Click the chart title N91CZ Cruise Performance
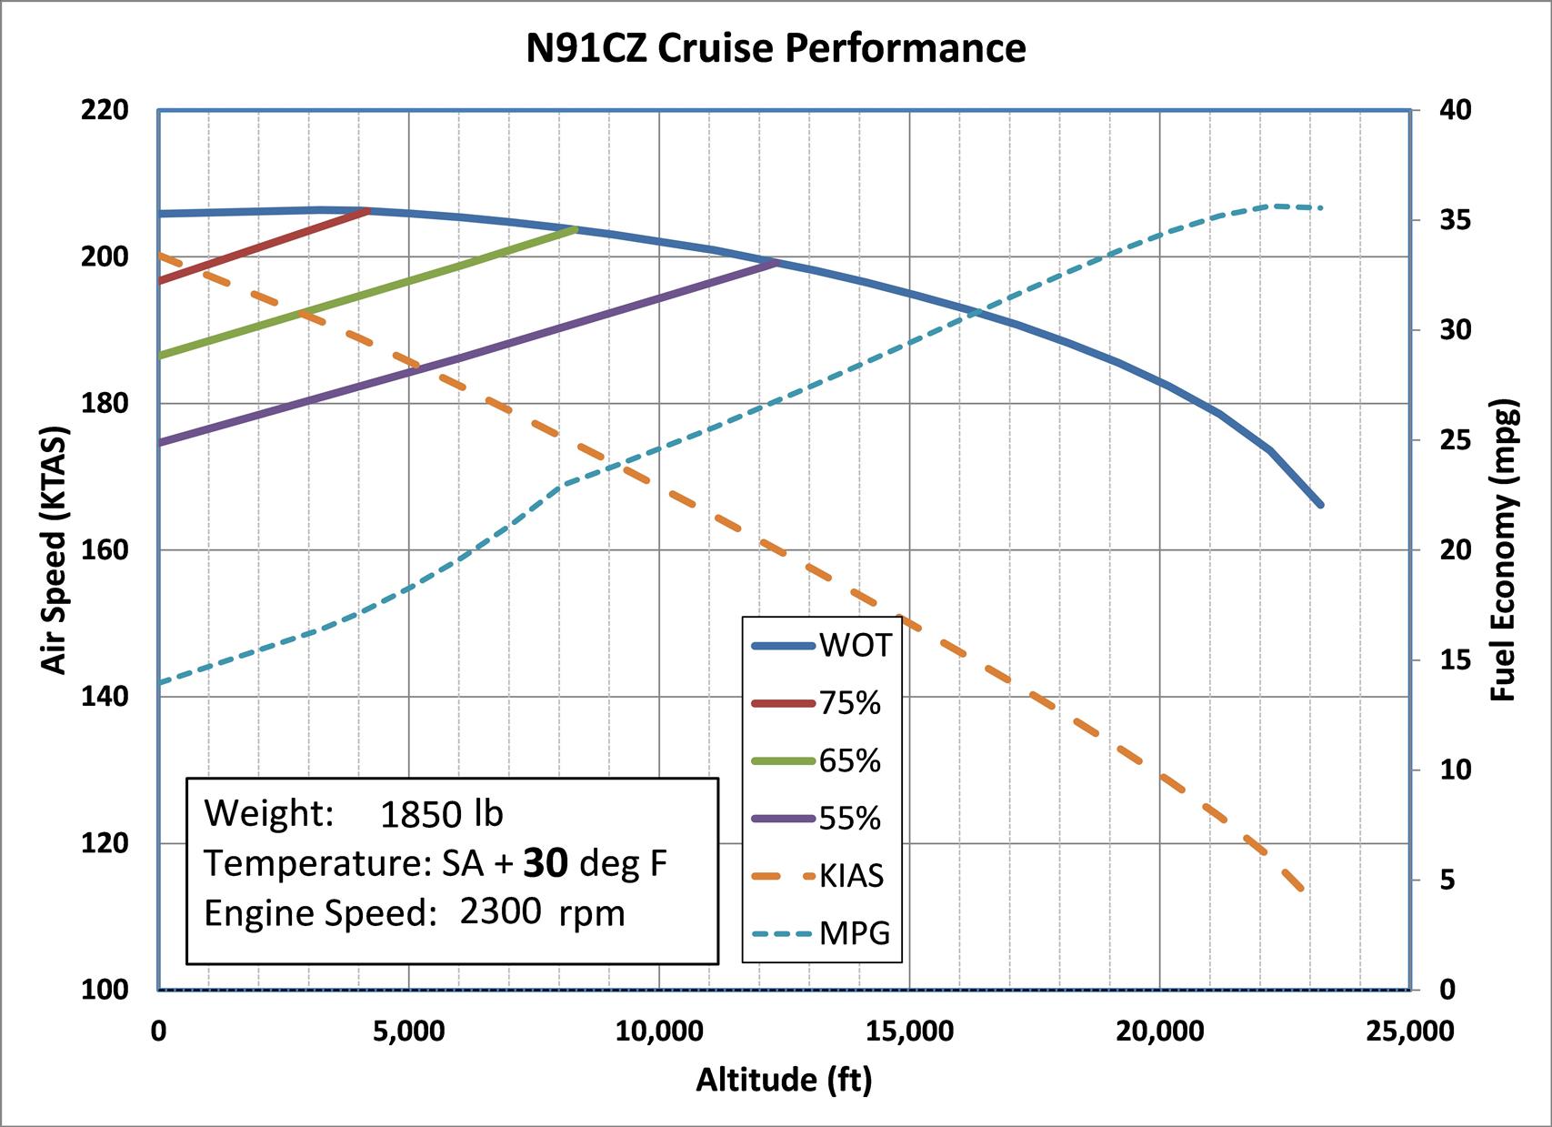coord(776,48)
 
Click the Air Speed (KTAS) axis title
coord(55,549)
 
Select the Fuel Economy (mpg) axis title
coord(1504,549)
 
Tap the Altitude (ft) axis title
coord(784,1080)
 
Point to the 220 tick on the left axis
coord(105,111)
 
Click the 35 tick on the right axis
coord(1454,221)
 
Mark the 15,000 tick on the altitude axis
coord(909,1031)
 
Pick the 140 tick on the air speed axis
coord(105,697)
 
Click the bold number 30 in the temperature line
coord(546,863)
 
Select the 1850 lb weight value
coord(441,814)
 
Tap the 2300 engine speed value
coord(500,911)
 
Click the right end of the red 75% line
coord(367,211)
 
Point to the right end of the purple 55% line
coord(776,263)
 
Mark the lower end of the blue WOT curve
coord(1319,504)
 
